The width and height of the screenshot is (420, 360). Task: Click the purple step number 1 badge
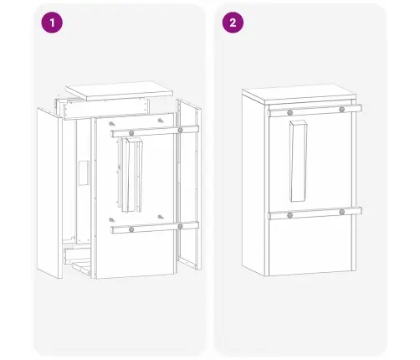click(54, 23)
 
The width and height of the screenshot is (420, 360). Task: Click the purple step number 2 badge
click(230, 23)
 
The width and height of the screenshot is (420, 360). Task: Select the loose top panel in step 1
click(117, 90)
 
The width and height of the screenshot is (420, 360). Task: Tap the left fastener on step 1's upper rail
click(131, 132)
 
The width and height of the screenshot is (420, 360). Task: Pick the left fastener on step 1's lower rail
click(131, 228)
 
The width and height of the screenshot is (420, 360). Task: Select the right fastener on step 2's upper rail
click(342, 110)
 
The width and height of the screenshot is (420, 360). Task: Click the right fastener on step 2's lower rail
click(342, 213)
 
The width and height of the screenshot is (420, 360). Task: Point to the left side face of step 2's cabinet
click(254, 184)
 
